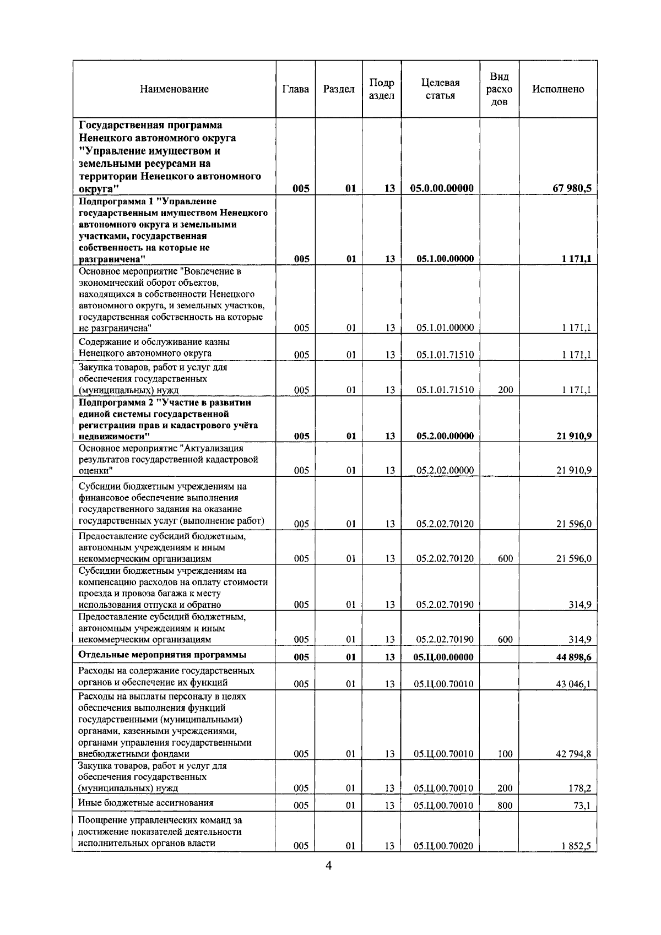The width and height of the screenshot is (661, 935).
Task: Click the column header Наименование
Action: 174,89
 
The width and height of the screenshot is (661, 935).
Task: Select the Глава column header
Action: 295,89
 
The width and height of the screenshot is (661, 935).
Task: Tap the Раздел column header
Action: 339,89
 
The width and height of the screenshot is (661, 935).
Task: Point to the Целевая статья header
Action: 440,89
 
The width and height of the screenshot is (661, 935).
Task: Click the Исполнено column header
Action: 558,89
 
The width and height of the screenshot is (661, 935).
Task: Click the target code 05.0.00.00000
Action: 442,188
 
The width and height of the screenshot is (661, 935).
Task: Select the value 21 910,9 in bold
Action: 573,436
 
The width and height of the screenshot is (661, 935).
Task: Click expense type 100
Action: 505,754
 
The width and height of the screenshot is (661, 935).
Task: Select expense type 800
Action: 505,806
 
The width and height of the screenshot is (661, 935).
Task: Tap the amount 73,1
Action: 582,806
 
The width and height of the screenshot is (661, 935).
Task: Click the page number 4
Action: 329,880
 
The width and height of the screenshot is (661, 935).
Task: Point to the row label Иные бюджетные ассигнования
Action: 146,803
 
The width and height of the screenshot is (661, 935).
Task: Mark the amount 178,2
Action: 580,789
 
